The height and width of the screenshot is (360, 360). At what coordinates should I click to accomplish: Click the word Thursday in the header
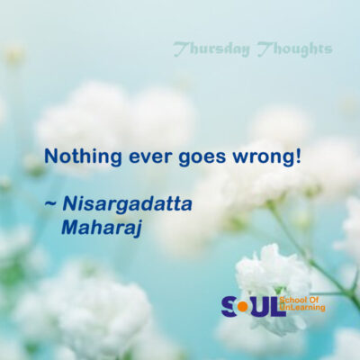point(211,49)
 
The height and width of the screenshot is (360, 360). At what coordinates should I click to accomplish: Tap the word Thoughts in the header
point(295,49)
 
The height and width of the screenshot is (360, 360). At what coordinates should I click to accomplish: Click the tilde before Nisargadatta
point(50,204)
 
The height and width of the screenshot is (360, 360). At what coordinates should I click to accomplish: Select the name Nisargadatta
point(127,205)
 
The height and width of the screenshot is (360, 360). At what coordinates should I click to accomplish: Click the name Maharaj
point(102,229)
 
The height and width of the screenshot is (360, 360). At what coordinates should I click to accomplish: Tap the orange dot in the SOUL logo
point(243,307)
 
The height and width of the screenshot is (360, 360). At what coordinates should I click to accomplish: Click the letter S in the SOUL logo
point(229,306)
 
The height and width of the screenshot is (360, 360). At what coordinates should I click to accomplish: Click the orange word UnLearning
point(302,308)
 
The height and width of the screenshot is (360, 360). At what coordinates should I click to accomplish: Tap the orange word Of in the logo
point(313,301)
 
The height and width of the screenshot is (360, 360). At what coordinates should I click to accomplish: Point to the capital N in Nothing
point(50,157)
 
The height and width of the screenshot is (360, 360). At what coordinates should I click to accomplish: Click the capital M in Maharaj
point(71,227)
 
